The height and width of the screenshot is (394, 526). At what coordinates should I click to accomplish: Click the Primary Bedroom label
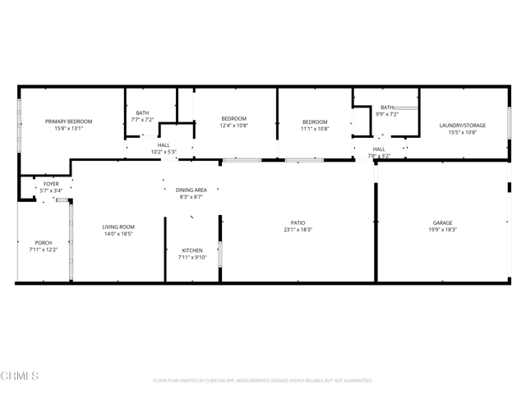(68, 121)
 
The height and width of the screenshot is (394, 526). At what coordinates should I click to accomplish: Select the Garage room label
(443, 223)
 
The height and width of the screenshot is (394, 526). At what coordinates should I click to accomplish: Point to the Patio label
(298, 223)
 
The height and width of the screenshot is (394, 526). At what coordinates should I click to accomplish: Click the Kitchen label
(191, 250)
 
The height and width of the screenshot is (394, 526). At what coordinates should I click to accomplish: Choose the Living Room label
(118, 227)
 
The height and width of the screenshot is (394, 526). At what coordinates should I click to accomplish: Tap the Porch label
(43, 243)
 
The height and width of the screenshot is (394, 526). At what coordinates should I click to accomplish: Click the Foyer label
(51, 184)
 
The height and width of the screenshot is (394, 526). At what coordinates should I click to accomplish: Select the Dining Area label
(191, 190)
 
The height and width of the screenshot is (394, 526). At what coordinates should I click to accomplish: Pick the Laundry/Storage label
(463, 126)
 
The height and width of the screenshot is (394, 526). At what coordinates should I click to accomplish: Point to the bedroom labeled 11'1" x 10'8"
(314, 122)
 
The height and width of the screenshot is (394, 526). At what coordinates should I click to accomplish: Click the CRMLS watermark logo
(20, 377)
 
